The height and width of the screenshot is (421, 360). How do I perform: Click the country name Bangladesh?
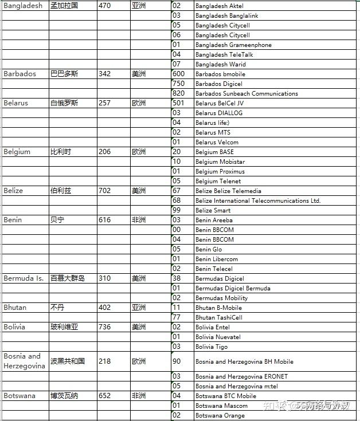[23, 6]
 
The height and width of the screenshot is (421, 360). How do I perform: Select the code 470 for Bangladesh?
[105, 6]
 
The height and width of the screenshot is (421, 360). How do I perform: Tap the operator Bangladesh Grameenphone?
[233, 45]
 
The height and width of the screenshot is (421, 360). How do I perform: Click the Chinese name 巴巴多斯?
[64, 74]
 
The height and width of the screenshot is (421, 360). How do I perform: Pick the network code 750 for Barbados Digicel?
[178, 84]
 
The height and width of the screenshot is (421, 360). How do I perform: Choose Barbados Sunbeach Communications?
[246, 93]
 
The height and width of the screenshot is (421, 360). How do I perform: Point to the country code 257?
[105, 103]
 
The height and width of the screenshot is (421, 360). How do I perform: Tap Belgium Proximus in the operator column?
[220, 171]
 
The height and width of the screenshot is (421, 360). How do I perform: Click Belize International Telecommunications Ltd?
[258, 200]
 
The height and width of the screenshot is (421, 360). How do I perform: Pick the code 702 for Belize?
[105, 191]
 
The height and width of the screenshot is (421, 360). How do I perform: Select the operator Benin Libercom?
[216, 259]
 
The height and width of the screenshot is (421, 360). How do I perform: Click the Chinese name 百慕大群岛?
[68, 278]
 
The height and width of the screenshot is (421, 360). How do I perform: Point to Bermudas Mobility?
[221, 298]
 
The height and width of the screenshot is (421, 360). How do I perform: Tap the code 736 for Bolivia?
[105, 327]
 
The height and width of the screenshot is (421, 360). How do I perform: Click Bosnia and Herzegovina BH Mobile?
[244, 361]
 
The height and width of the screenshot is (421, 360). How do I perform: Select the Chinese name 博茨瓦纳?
[64, 396]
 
